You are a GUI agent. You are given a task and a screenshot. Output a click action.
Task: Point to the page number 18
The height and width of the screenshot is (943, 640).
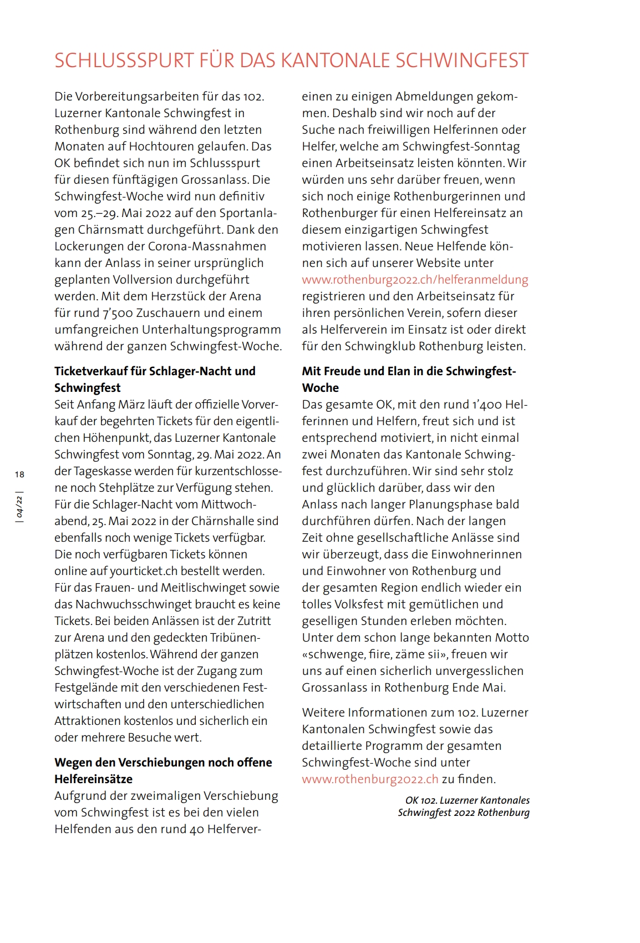click(20, 474)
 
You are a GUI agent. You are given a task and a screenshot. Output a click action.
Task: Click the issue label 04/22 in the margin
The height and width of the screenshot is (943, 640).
click(20, 507)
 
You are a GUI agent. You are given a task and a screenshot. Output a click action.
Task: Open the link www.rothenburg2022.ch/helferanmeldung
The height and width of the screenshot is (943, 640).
click(415, 280)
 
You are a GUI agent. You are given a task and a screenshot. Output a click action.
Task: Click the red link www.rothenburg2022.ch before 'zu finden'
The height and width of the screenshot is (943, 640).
click(370, 779)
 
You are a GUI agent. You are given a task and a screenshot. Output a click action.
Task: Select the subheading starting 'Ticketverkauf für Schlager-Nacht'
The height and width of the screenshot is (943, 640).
click(155, 371)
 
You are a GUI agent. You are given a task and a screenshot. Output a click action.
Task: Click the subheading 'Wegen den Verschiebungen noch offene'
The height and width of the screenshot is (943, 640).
click(163, 763)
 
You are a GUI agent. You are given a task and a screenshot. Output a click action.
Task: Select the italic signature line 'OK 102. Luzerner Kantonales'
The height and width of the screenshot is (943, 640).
click(467, 800)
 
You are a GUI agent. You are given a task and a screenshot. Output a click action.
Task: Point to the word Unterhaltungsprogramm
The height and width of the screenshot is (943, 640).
click(211, 330)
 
